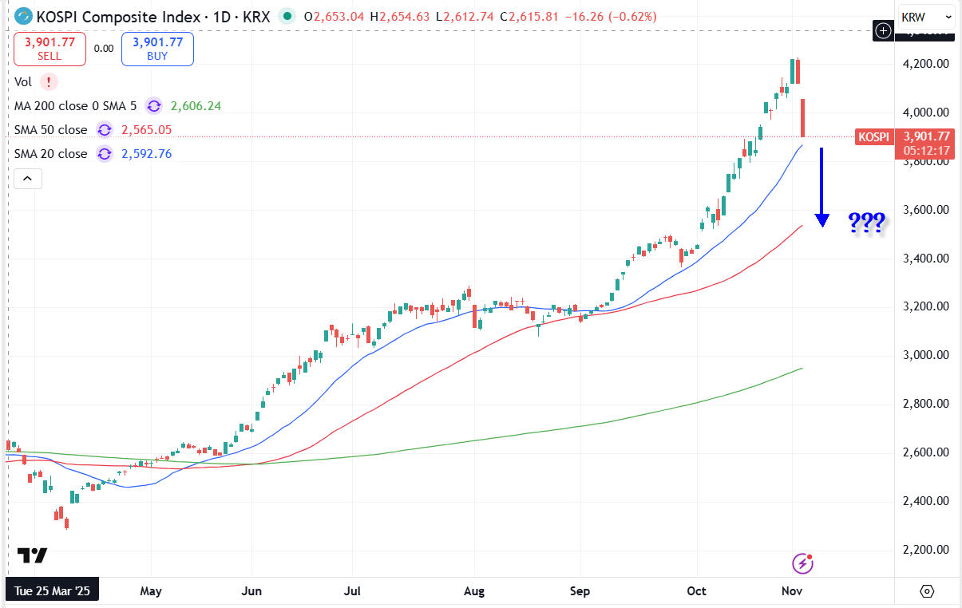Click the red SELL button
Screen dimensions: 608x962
pyautogui.click(x=49, y=49)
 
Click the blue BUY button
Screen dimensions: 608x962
pyautogui.click(x=157, y=49)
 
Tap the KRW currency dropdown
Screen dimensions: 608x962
pyautogui.click(x=925, y=16)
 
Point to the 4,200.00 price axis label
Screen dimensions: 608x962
pyautogui.click(x=926, y=64)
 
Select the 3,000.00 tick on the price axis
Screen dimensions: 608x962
pyautogui.click(x=926, y=355)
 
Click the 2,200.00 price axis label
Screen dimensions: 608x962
pyautogui.click(x=926, y=550)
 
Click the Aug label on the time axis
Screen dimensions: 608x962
pyautogui.click(x=474, y=591)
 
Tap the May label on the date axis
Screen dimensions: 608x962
pyautogui.click(x=150, y=591)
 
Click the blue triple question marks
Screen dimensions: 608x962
pyautogui.click(x=865, y=223)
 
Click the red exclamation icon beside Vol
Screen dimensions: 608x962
pyautogui.click(x=49, y=81)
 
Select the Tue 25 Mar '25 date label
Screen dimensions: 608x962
pyautogui.click(x=52, y=591)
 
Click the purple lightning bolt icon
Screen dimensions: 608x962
pyautogui.click(x=802, y=563)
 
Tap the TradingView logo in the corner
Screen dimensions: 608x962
pyautogui.click(x=32, y=555)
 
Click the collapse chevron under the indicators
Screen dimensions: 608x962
pyautogui.click(x=28, y=179)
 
